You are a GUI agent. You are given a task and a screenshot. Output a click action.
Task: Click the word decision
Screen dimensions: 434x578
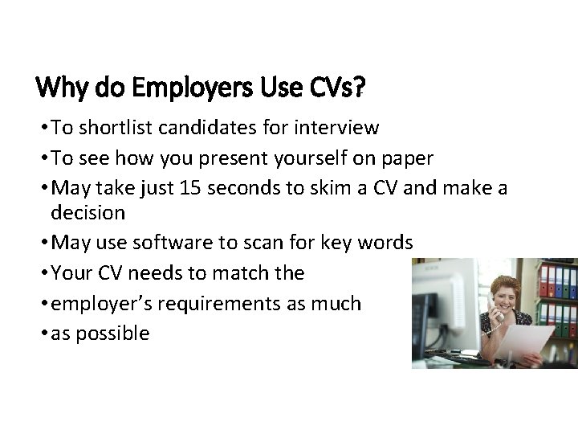tap(88, 212)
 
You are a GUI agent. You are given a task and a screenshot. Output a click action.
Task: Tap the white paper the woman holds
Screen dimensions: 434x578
tap(526, 342)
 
